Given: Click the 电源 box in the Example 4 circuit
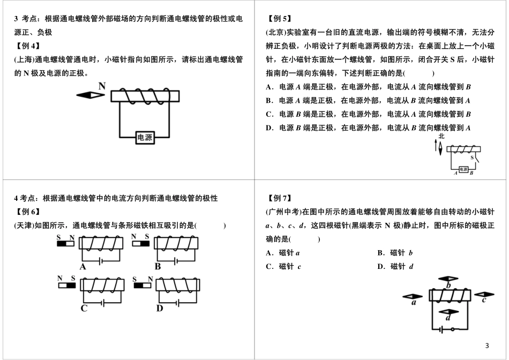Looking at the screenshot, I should point(145,138).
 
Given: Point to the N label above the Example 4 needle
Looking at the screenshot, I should point(101,86).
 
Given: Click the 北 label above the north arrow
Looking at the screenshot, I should point(441,137).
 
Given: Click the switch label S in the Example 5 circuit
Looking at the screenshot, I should point(472,158).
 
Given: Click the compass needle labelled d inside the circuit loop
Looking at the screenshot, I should point(448,312).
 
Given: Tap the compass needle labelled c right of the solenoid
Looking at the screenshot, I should point(483,294).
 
